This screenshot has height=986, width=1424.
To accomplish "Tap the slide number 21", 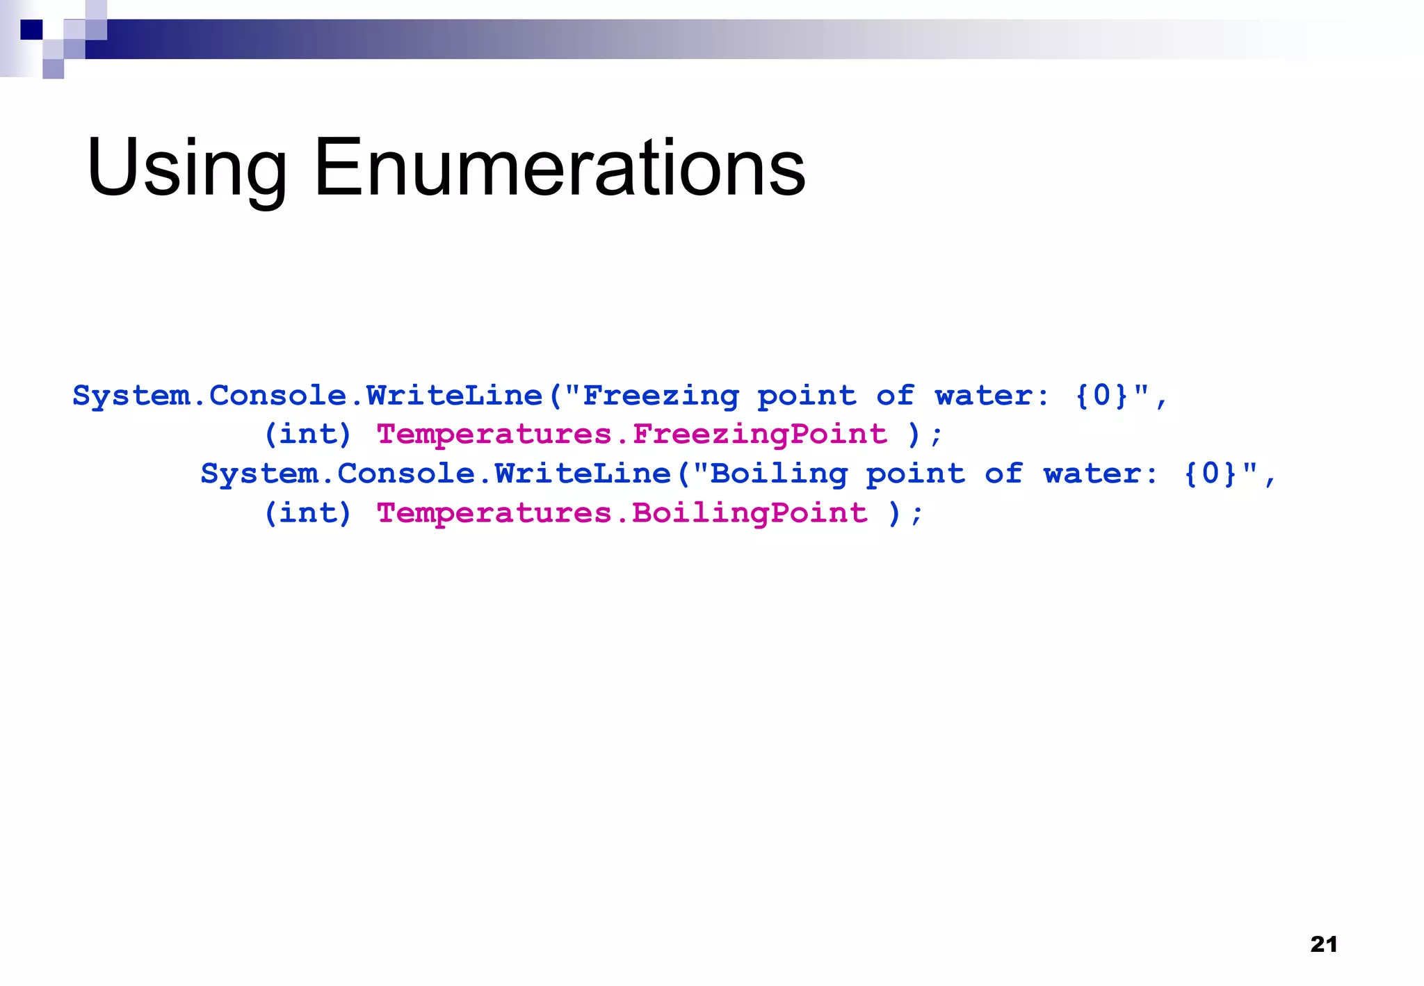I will click(x=1323, y=944).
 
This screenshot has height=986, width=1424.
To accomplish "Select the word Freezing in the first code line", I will click(x=661, y=396).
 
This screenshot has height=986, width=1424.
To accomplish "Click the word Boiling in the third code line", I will click(x=779, y=474).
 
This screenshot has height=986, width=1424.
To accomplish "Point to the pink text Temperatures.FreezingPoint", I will click(x=631, y=435).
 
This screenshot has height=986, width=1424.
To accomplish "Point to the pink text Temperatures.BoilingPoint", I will click(x=622, y=513).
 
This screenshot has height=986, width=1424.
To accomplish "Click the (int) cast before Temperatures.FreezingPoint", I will click(x=307, y=435).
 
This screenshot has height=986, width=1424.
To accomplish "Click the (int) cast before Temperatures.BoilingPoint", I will click(x=307, y=513).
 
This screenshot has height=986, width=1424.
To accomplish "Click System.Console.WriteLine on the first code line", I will click(x=307, y=396).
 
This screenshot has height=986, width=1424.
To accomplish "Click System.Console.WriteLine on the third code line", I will click(x=435, y=474).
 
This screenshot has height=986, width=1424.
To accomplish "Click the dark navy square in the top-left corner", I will click(x=31, y=30).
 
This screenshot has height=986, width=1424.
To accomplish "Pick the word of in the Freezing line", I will click(x=895, y=396).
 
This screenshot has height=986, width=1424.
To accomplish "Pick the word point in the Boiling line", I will click(x=915, y=474).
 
